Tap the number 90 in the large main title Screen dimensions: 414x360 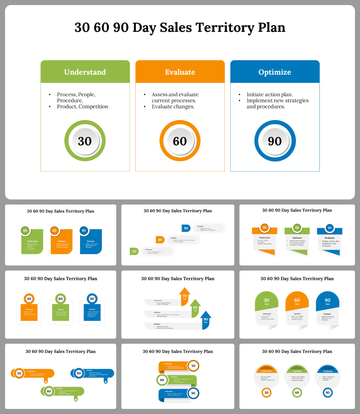(121, 27)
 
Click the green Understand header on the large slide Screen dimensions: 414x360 (85, 72)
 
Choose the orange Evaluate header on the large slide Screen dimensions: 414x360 (180, 72)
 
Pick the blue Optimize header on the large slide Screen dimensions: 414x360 (275, 72)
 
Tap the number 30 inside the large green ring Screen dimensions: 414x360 (85, 141)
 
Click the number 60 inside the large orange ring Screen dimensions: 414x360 (180, 141)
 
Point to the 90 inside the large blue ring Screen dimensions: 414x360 (275, 141)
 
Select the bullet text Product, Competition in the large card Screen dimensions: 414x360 (83, 107)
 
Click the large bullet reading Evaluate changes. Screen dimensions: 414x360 (173, 107)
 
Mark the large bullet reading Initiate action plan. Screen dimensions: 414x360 (270, 94)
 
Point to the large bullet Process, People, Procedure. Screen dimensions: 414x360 (76, 97)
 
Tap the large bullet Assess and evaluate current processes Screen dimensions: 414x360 (175, 97)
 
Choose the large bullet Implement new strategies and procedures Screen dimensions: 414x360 (277, 103)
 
